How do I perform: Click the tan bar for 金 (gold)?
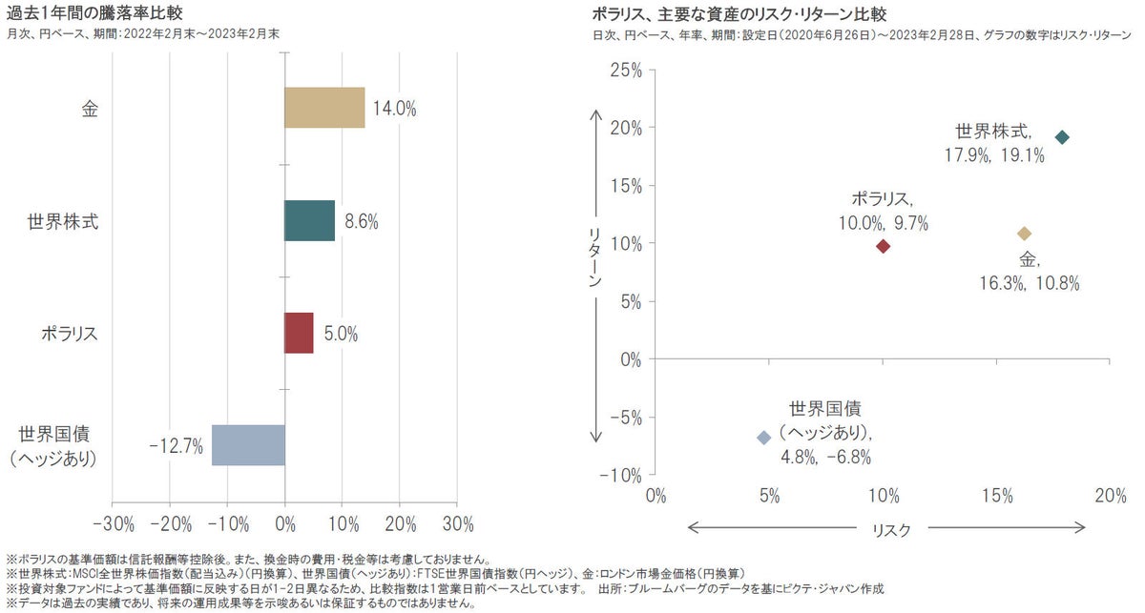coord(324,108)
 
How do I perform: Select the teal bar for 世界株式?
coord(309,220)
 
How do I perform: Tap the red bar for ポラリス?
coord(299,333)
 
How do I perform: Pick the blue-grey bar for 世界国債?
coord(248,445)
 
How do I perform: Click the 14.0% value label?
coord(393,109)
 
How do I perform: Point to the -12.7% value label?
coord(177,445)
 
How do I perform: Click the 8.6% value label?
coord(362,221)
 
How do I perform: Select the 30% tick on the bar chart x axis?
coord(458,523)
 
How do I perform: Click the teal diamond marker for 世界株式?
coord(1062,137)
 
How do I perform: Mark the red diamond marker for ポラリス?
coord(883,246)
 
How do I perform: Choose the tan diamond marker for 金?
coord(1025,234)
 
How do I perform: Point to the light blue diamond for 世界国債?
coord(763,438)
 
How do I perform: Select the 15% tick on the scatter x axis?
coord(996,496)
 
